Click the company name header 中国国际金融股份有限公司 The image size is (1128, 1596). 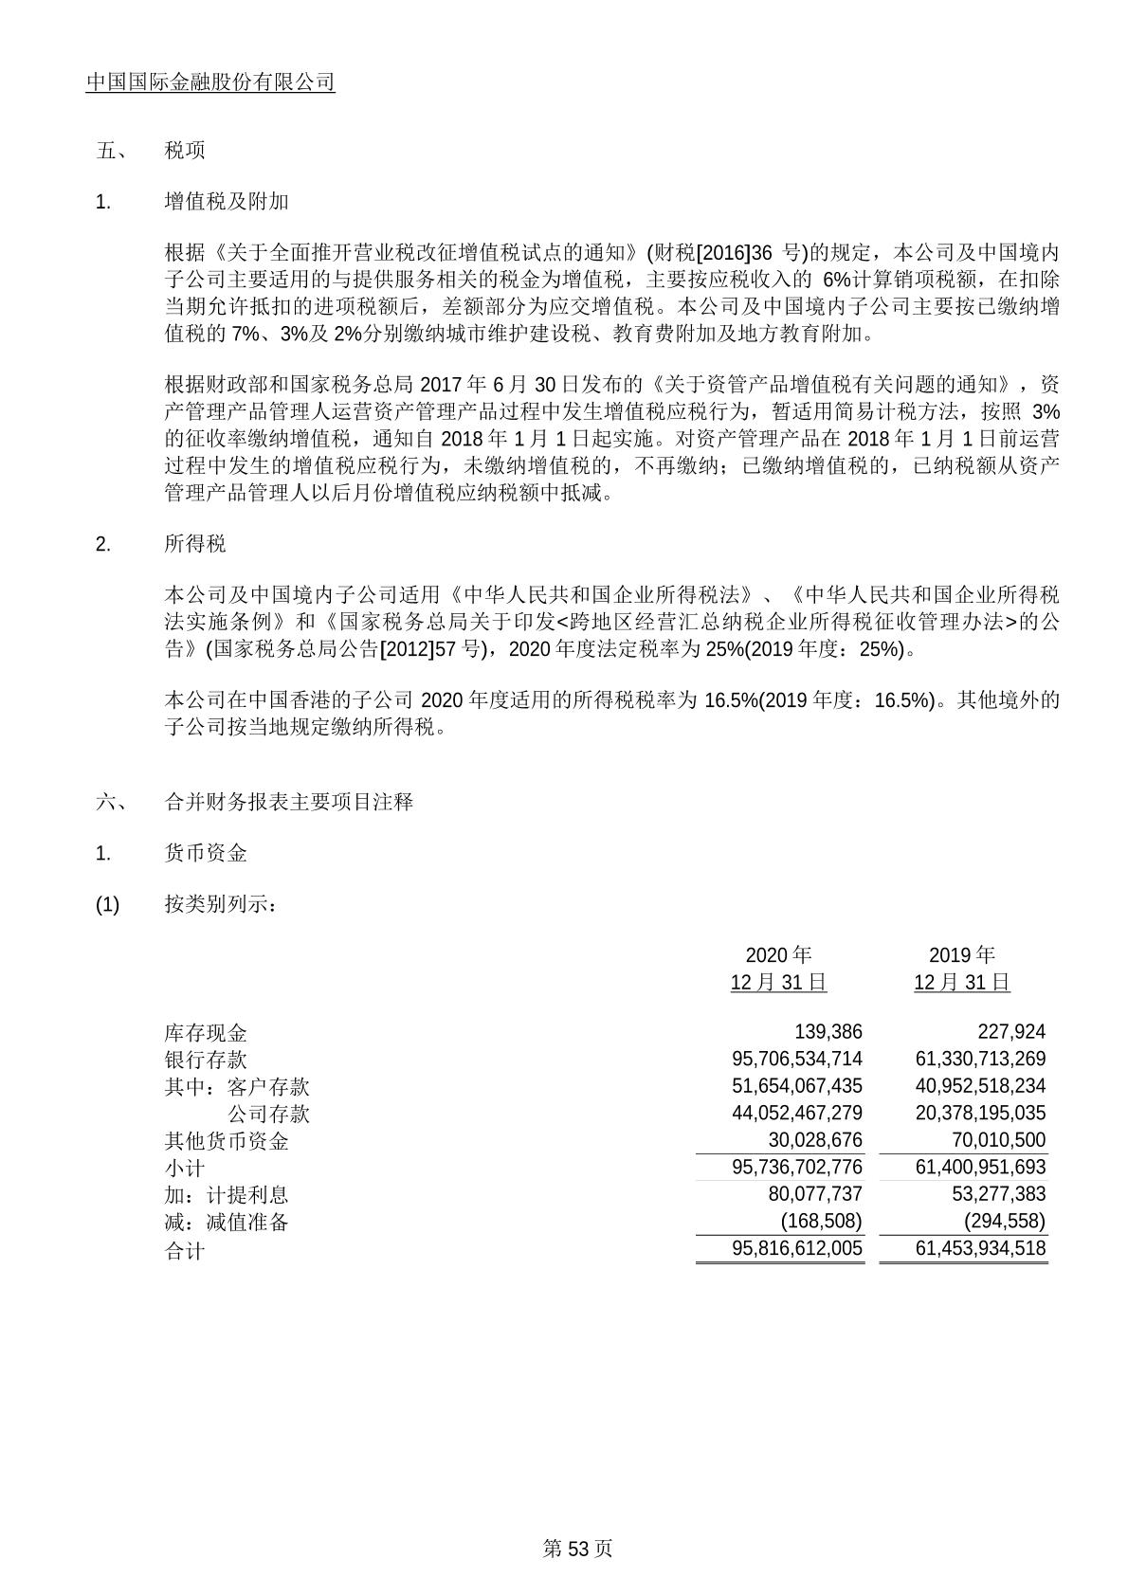tap(210, 82)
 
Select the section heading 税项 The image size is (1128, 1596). tap(185, 151)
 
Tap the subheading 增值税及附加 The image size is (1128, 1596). tap(227, 202)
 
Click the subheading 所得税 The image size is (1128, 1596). tap(195, 544)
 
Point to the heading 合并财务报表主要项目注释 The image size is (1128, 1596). tap(289, 802)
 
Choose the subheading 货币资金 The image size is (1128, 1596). tap(206, 854)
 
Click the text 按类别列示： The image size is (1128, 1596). tap(221, 905)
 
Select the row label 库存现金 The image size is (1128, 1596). tap(206, 1033)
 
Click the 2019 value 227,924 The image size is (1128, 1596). tap(1011, 1032)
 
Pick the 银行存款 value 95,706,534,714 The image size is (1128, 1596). tap(797, 1059)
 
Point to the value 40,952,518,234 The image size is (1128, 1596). tap(980, 1086)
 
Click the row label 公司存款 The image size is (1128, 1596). tap(268, 1115)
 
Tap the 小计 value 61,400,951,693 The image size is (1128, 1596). tap(980, 1168)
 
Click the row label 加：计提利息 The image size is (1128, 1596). tap(227, 1195)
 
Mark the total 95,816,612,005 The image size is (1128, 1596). tap(797, 1249)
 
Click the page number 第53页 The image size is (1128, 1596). tap(577, 1549)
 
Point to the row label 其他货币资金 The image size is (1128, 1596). tap(227, 1141)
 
